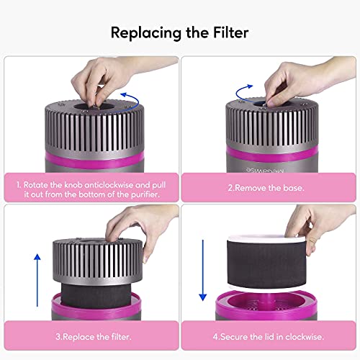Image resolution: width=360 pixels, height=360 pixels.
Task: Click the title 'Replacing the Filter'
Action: click(x=179, y=33)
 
